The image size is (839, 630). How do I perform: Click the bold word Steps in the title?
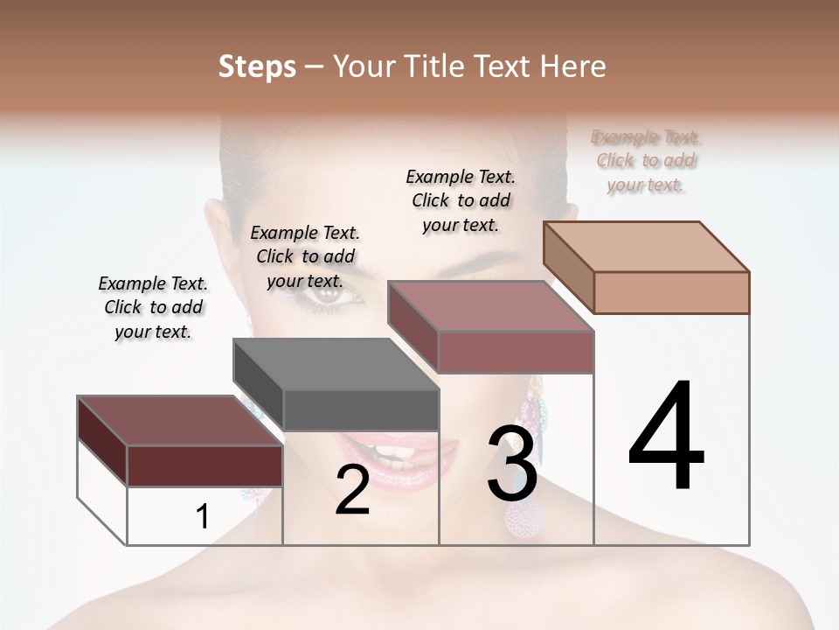[257, 66]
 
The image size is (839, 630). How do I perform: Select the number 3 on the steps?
[512, 463]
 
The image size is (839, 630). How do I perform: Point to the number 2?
[352, 490]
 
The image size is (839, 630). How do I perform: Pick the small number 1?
[202, 516]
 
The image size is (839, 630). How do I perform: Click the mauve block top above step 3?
[489, 305]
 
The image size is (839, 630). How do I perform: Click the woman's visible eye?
[330, 296]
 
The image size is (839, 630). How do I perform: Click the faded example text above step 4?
[646, 161]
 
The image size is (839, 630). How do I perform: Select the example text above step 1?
[153, 307]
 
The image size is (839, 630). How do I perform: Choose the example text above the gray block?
[305, 256]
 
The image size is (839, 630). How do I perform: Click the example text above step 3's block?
[461, 200]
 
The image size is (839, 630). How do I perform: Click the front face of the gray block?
[361, 409]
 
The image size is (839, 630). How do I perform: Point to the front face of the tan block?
[671, 292]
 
